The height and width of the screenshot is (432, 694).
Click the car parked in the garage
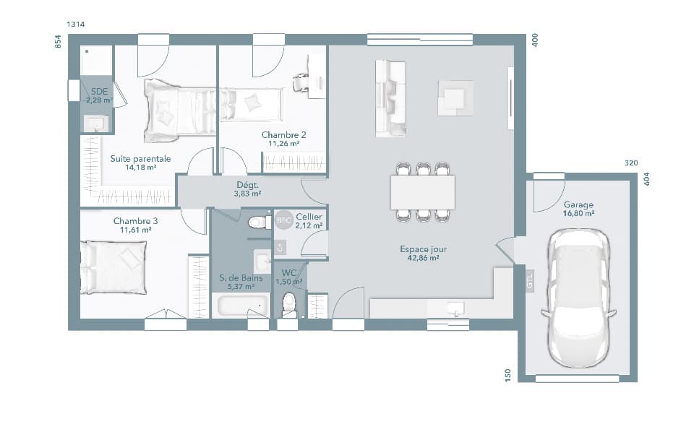578,298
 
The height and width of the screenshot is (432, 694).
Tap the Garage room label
578,204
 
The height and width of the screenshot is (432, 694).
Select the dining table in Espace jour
423,192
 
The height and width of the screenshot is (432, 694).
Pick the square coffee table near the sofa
455,98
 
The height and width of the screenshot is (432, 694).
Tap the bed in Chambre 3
114,267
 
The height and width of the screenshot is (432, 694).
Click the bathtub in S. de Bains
240,306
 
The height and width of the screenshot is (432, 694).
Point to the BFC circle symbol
283,220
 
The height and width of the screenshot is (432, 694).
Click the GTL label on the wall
529,281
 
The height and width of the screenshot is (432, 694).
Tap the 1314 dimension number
76,25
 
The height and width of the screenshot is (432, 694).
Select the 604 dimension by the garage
647,179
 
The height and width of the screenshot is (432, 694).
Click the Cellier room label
309,217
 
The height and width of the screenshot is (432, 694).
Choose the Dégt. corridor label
248,184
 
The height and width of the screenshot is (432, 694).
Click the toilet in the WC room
289,303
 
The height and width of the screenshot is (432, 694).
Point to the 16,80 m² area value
578,214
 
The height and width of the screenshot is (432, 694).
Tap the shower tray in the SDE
96,60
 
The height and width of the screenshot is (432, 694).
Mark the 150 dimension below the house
508,374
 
